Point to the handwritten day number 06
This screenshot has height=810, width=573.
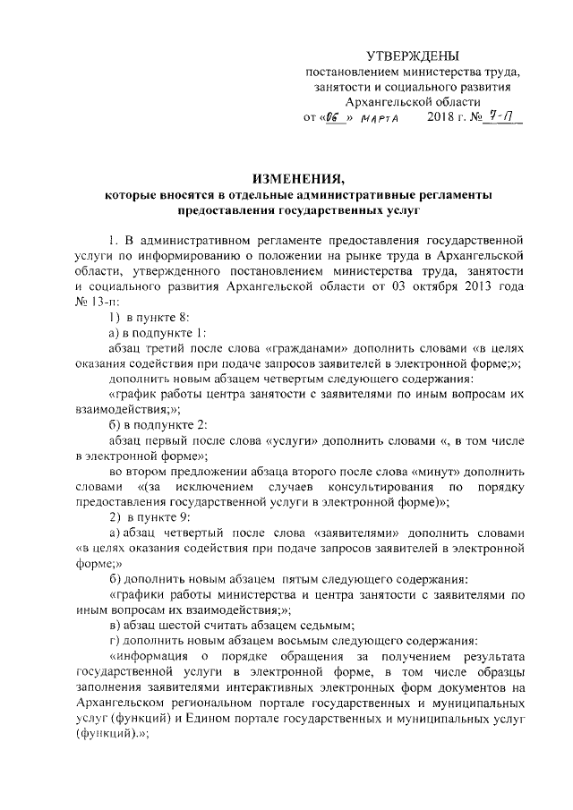tap(335, 117)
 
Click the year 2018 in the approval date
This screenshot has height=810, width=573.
tap(441, 117)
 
